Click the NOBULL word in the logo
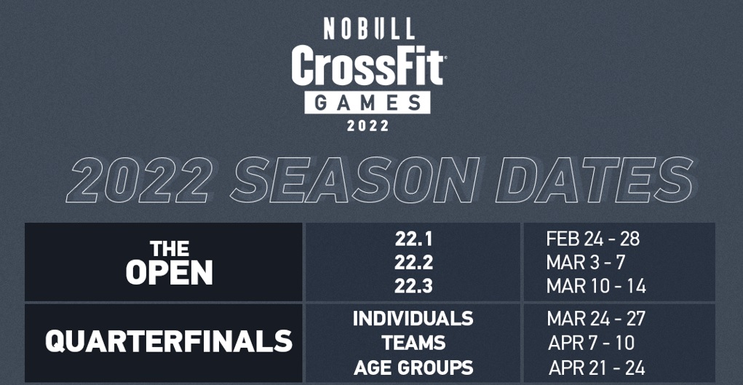pyautogui.click(x=369, y=28)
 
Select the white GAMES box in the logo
pyautogui.click(x=367, y=102)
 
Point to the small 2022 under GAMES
pyautogui.click(x=368, y=125)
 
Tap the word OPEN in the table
pyautogui.click(x=169, y=274)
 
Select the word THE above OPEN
pyautogui.click(x=169, y=250)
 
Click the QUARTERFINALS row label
pyautogui.click(x=169, y=341)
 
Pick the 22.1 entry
pyautogui.click(x=413, y=239)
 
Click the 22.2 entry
pyautogui.click(x=413, y=262)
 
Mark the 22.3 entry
pyautogui.click(x=413, y=286)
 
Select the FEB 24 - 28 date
pyautogui.click(x=592, y=239)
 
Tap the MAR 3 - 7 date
pyautogui.click(x=585, y=262)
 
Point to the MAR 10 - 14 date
pyautogui.click(x=595, y=286)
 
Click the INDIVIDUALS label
pyautogui.click(x=413, y=319)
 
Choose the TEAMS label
pyautogui.click(x=413, y=343)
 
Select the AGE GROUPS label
pyautogui.click(x=413, y=368)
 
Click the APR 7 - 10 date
pyautogui.click(x=591, y=343)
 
